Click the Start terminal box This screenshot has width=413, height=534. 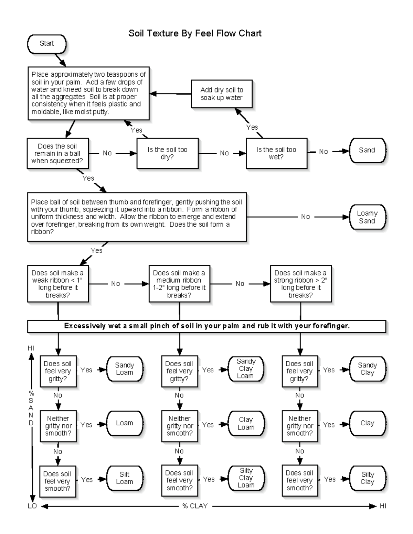click(x=46, y=44)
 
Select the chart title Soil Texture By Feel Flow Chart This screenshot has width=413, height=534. click(x=195, y=33)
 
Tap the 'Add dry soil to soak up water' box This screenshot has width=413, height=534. click(x=222, y=94)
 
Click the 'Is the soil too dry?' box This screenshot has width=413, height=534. click(x=167, y=153)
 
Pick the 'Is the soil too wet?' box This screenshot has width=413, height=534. click(x=276, y=153)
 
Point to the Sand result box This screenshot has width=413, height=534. click(x=367, y=150)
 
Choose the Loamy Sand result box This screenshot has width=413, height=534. click(x=367, y=217)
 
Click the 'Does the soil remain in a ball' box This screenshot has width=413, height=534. click(x=57, y=153)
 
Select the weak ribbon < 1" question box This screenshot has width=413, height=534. click(x=58, y=284)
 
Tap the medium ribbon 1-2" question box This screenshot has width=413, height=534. click(x=179, y=284)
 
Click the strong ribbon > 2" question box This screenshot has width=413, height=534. click(x=300, y=284)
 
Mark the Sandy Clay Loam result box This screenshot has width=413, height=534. click(x=246, y=369)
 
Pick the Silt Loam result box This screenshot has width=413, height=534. click(x=124, y=478)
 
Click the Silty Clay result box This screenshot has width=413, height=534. click(x=367, y=478)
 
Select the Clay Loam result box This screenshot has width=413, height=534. click(x=246, y=423)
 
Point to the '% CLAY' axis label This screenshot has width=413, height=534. click(x=195, y=506)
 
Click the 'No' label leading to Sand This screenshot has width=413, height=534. click(x=323, y=152)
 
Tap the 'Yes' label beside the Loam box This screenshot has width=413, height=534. click(x=86, y=425)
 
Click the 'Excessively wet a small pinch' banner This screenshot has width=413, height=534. click(x=206, y=326)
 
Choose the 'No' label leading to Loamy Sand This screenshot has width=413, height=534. click(x=305, y=217)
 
